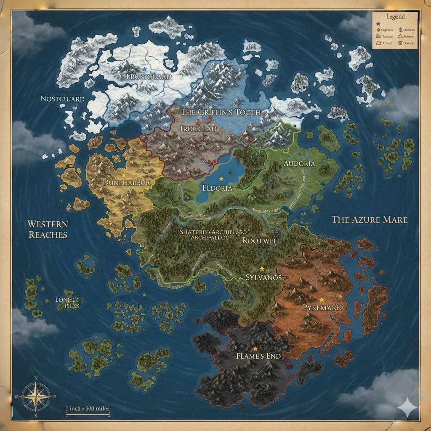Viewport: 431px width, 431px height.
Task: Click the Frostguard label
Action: point(149,77)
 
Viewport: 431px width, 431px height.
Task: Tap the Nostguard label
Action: point(62,99)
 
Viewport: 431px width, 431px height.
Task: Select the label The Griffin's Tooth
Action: point(221,112)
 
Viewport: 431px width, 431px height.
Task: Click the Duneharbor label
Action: point(126,183)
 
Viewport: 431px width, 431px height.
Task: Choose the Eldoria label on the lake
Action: point(217,188)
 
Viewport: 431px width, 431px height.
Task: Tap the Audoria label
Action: point(299,164)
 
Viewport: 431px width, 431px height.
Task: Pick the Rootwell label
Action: point(261,241)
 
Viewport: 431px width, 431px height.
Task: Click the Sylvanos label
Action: point(263,278)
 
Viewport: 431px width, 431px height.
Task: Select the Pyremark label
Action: point(322,308)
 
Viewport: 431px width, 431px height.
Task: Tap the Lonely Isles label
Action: point(67,303)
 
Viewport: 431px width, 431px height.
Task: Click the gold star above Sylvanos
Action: point(262,268)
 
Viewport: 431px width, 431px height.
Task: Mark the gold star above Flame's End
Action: point(255,349)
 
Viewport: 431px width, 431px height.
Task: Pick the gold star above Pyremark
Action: point(322,299)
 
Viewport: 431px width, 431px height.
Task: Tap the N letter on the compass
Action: point(36,378)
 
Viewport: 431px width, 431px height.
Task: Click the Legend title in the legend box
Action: point(395,17)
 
